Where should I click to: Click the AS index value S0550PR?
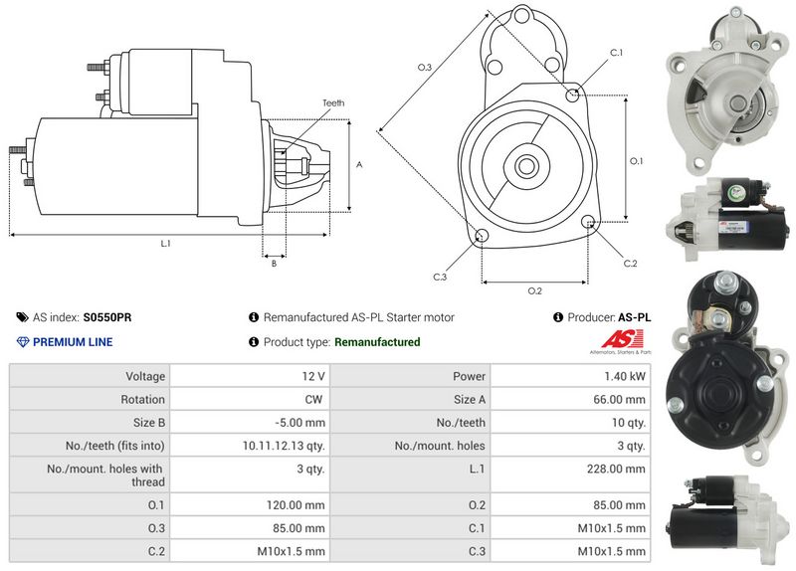tap(107, 317)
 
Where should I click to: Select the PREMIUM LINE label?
tap(73, 342)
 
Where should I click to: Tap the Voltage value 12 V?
tap(314, 377)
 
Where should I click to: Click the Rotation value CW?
tap(314, 400)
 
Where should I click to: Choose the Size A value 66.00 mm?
tap(621, 400)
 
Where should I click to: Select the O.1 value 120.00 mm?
tap(300, 503)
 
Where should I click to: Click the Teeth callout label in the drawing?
tap(333, 103)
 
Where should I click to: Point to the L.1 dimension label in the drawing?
tap(165, 244)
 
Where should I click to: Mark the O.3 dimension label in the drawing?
tap(424, 68)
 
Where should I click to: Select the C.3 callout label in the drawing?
tap(440, 277)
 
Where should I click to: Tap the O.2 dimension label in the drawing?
tap(534, 290)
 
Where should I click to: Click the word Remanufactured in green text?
tap(377, 342)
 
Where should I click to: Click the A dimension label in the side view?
tap(358, 165)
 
